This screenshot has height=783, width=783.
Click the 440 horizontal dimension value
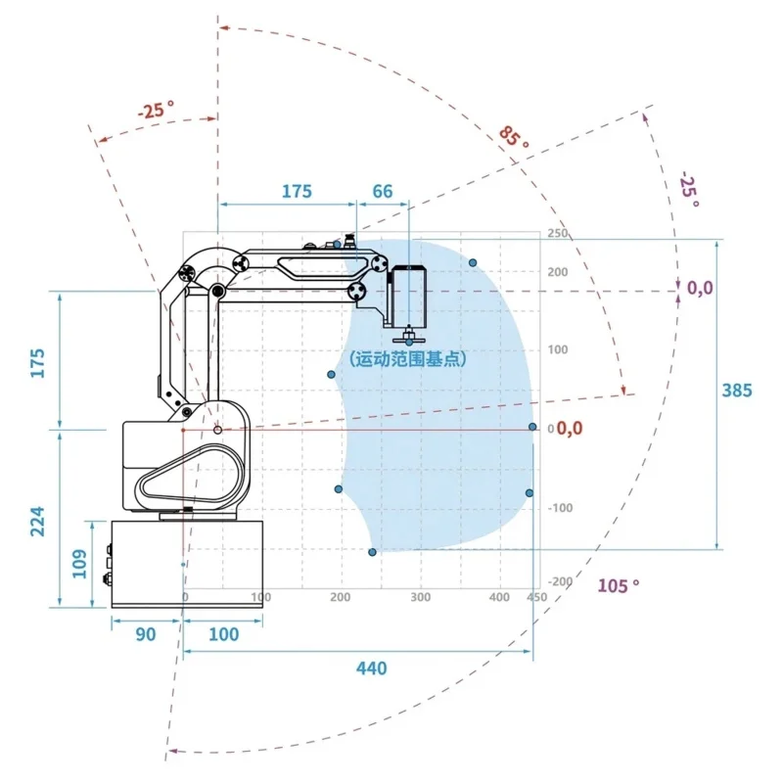pos(372,668)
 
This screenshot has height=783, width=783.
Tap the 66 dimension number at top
pos(382,191)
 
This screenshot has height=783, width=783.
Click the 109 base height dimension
pos(80,564)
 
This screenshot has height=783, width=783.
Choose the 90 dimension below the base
pos(145,634)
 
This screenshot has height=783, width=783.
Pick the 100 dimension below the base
pos(223,634)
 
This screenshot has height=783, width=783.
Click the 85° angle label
pos(513,136)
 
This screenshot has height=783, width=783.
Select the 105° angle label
pos(618,585)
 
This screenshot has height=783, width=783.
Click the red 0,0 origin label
pos(570,428)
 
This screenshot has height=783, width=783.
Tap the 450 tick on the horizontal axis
pos(536,597)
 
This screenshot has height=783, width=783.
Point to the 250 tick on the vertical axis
pos(557,234)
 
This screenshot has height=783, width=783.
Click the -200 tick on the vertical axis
pos(559,582)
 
